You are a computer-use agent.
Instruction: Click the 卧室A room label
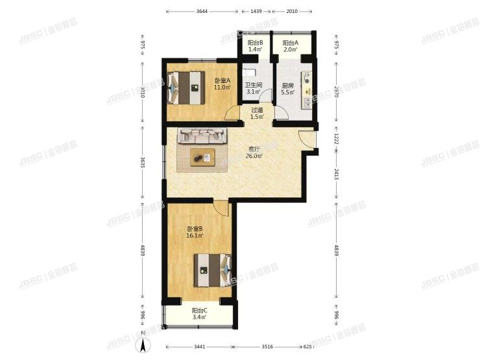tap(222, 80)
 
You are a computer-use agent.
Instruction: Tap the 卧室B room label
tap(195, 229)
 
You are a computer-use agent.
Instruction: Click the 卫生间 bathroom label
tap(253, 85)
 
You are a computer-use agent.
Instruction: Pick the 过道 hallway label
tap(257, 110)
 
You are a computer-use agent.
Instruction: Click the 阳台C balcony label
tap(199, 311)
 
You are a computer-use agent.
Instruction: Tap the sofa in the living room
tap(202, 136)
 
